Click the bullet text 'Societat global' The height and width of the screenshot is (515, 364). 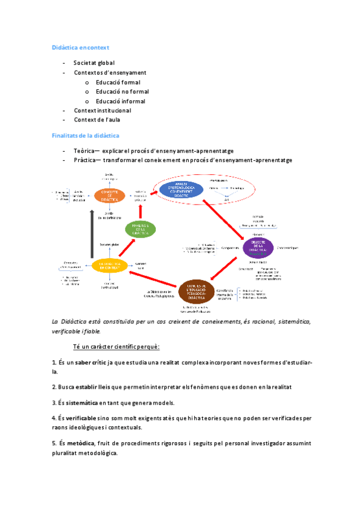click(94, 63)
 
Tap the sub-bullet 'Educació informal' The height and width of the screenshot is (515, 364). click(120, 101)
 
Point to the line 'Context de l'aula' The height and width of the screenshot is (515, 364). click(102, 120)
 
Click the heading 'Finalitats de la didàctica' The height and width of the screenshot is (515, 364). click(84, 135)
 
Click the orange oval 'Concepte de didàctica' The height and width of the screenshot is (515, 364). click(109, 195)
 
